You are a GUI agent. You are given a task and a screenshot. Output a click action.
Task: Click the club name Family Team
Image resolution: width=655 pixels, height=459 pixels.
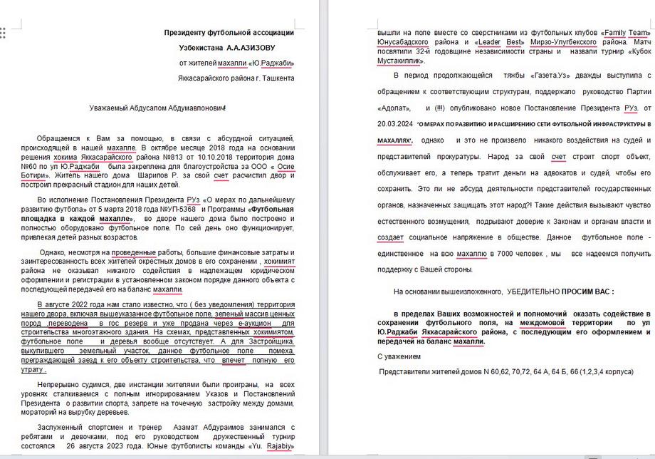tap(627, 33)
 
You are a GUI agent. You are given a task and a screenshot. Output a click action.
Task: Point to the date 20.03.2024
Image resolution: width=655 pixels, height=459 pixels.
tap(396, 124)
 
